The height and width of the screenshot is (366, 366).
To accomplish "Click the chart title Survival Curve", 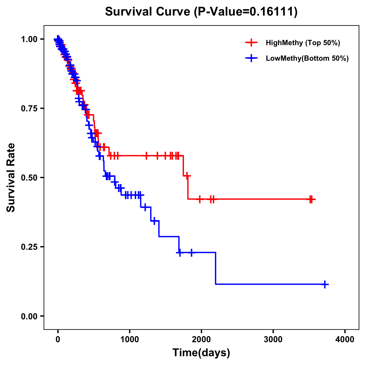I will [x=201, y=12].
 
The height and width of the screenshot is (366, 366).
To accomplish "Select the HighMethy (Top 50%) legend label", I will [x=303, y=43].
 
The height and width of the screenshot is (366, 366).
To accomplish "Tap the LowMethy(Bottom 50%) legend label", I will [x=307, y=58].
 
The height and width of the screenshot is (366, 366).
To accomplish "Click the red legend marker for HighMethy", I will [x=251, y=43].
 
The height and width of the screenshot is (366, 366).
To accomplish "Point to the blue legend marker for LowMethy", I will [x=251, y=58].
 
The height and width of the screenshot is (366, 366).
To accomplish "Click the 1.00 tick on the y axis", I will [x=29, y=39].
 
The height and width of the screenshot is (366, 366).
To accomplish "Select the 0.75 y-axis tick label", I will [x=29, y=109].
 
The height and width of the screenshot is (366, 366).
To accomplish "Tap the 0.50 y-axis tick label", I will [x=29, y=178].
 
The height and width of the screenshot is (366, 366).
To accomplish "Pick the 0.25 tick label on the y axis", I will [x=29, y=247].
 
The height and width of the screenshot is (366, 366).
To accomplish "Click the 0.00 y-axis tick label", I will [x=29, y=316].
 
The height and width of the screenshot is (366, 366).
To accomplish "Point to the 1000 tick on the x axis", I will [x=130, y=339].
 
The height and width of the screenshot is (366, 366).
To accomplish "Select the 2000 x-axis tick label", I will [x=201, y=339].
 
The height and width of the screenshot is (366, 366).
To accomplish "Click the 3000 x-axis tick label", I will [x=273, y=339].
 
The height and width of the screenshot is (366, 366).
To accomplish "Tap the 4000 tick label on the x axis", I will [x=345, y=339].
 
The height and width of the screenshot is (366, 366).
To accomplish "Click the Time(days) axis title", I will [x=201, y=353].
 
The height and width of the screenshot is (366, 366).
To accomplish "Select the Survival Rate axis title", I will [x=11, y=178].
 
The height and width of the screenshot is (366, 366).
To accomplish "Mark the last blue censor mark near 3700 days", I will [x=325, y=284].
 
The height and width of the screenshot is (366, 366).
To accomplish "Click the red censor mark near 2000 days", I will [x=200, y=199].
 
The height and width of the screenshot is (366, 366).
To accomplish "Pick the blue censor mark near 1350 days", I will [x=154, y=221].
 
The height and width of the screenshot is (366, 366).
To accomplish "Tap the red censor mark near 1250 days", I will [x=146, y=156].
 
